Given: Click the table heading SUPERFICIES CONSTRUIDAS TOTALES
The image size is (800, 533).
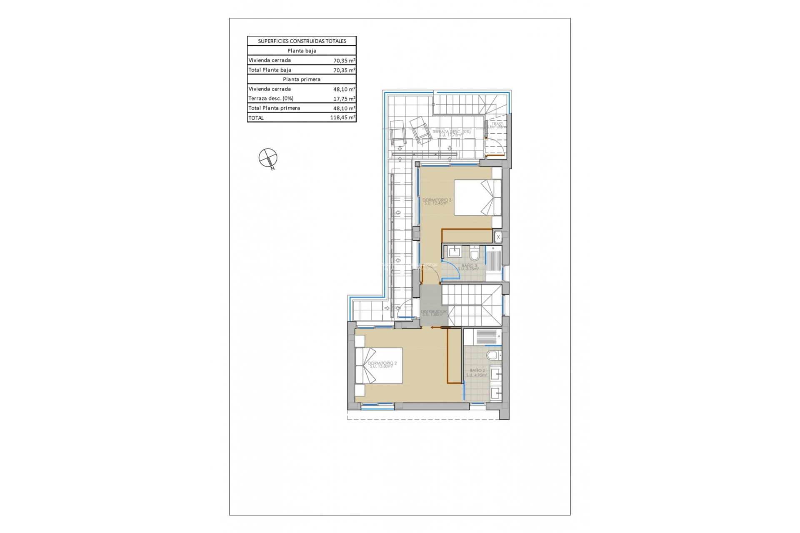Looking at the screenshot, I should [302, 41].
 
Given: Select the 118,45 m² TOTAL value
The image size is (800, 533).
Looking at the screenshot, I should [342, 118].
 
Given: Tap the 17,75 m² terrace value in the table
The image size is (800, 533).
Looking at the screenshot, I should [344, 99].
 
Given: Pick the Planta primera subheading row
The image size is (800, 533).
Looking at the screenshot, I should [302, 80].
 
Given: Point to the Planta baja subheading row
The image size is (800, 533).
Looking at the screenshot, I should [302, 51].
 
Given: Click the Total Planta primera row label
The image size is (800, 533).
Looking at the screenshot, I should [274, 108].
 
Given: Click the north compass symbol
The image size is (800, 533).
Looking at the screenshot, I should [268, 158].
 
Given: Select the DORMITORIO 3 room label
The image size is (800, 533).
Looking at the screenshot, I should [436, 201].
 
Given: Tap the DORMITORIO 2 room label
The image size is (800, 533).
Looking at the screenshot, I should [382, 364].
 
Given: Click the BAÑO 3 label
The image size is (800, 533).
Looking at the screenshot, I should [469, 266].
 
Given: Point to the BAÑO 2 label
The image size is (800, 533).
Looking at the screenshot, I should [477, 372].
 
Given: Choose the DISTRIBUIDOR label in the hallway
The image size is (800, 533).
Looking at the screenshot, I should [433, 312].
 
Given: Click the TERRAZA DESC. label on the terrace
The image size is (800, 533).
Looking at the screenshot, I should [451, 133].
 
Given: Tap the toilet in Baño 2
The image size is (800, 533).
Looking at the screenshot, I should [493, 355].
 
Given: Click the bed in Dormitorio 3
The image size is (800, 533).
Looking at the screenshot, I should [477, 197].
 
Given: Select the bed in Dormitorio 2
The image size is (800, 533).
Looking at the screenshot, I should [379, 366].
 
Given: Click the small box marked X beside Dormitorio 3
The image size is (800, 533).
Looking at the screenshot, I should [498, 237].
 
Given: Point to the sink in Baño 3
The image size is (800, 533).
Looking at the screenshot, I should [454, 252].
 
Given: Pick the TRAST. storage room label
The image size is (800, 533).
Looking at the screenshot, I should [497, 125].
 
